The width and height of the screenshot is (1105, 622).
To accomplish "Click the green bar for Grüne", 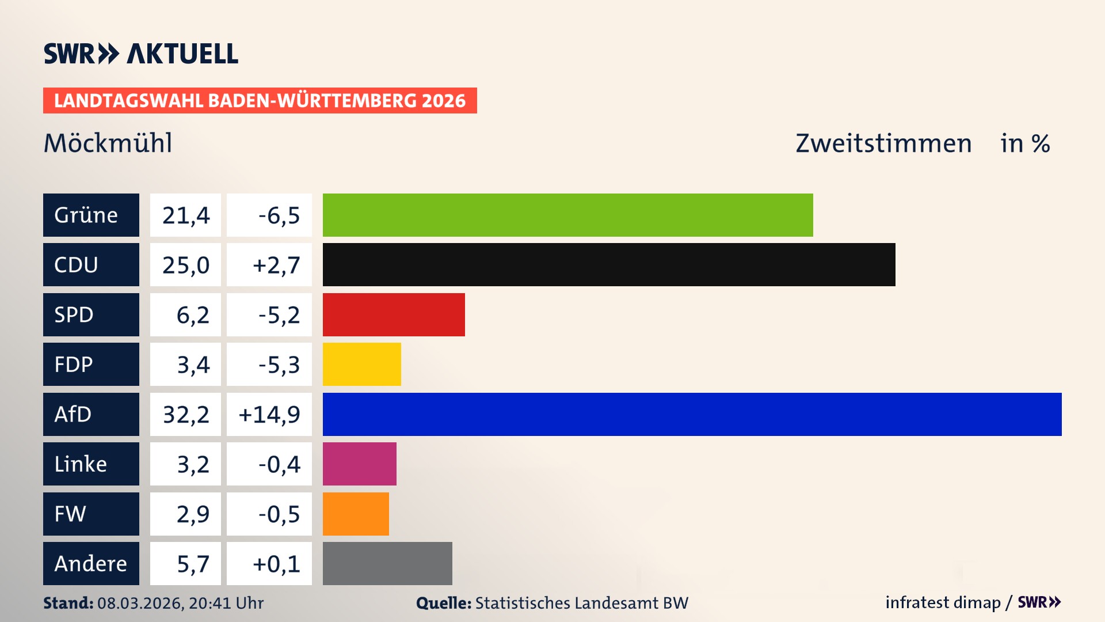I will [x=567, y=215].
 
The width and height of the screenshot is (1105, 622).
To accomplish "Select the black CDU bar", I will [x=609, y=264].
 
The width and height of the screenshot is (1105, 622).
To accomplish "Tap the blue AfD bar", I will [x=692, y=414].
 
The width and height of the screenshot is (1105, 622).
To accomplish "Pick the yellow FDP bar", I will [x=361, y=364].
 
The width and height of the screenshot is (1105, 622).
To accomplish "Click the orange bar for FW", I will [x=356, y=514].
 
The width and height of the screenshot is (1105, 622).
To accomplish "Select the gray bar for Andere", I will [x=387, y=563].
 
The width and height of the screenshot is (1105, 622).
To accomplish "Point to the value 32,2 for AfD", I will [x=185, y=414].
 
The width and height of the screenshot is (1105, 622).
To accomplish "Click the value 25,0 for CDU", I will [x=185, y=265].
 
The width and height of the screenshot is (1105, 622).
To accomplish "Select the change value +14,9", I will [x=269, y=414].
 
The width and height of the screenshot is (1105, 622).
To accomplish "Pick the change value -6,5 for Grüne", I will [x=279, y=215].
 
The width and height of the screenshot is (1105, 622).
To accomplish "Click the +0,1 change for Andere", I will [x=276, y=564].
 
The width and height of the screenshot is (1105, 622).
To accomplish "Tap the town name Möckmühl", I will [x=108, y=143].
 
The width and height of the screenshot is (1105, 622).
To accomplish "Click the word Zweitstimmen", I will [x=883, y=143].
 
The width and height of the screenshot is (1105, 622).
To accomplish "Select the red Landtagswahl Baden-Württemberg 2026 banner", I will [x=260, y=101].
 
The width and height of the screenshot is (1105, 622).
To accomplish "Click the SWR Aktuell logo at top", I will [x=140, y=54].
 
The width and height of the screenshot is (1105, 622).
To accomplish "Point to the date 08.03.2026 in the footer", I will [x=140, y=603].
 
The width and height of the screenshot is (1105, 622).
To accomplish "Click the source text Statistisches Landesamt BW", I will [x=581, y=603].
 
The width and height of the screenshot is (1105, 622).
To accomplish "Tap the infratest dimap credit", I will [x=943, y=602].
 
